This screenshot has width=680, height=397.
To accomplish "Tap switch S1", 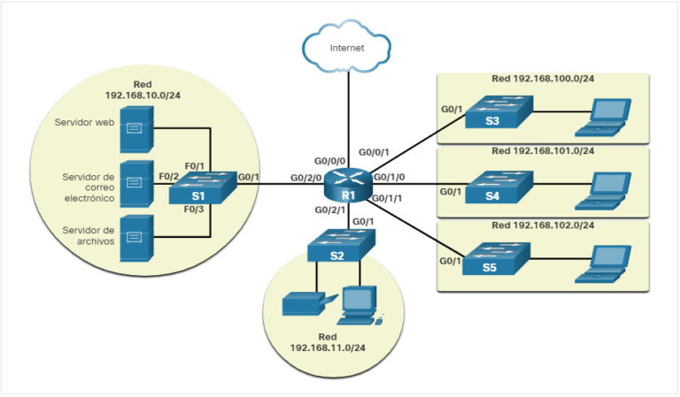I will point(200,189).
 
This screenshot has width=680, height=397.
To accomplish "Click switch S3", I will point(498,113).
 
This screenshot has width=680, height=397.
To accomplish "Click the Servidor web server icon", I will point(135,128).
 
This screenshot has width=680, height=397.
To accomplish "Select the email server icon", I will point(135,183).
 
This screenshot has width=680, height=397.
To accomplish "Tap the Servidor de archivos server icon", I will point(135,237).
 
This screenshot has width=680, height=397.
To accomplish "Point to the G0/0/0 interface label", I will point(331,162).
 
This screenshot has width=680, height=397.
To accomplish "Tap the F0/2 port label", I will point(169,177).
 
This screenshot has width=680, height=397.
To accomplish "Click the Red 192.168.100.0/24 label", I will point(543,80).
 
